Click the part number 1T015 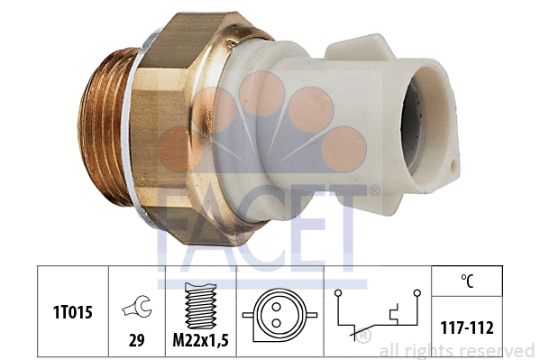(73, 312)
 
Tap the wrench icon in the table (137, 306)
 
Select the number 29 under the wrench (137, 340)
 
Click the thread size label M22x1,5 (200, 340)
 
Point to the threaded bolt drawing (201, 306)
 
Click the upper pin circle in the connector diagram (276, 307)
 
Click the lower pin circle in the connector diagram (276, 323)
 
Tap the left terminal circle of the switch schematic (338, 293)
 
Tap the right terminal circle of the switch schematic (417, 293)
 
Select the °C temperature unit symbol (467, 281)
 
